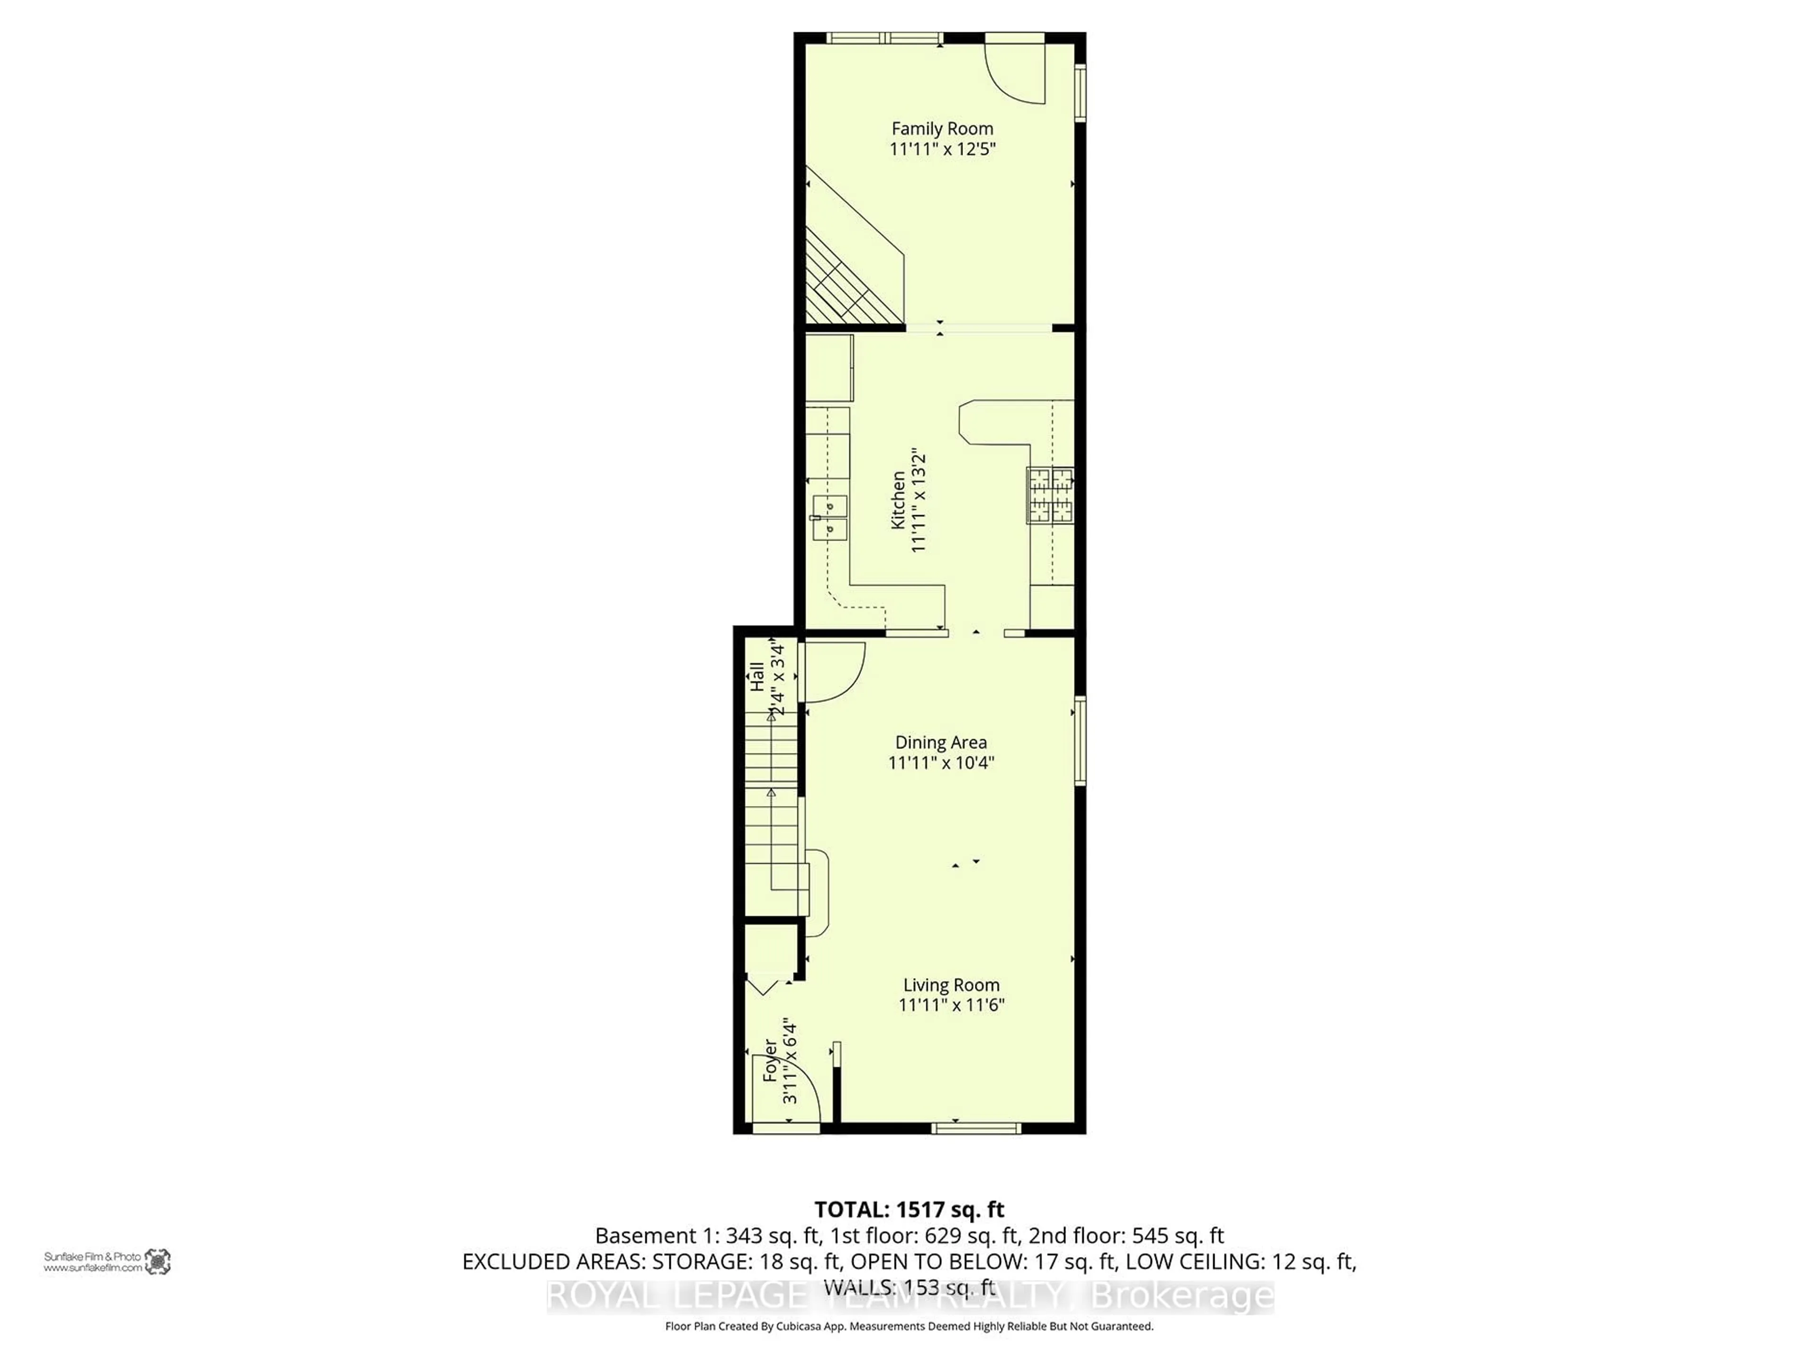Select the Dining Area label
pyautogui.click(x=941, y=742)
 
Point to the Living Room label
pyautogui.click(x=952, y=985)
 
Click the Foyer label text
pyautogui.click(x=770, y=1060)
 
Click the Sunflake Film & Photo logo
pyautogui.click(x=157, y=1261)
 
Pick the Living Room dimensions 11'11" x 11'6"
pyautogui.click(x=952, y=1005)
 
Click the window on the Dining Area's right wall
pyautogui.click(x=1081, y=741)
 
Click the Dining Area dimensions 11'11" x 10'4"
pyautogui.click(x=941, y=763)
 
